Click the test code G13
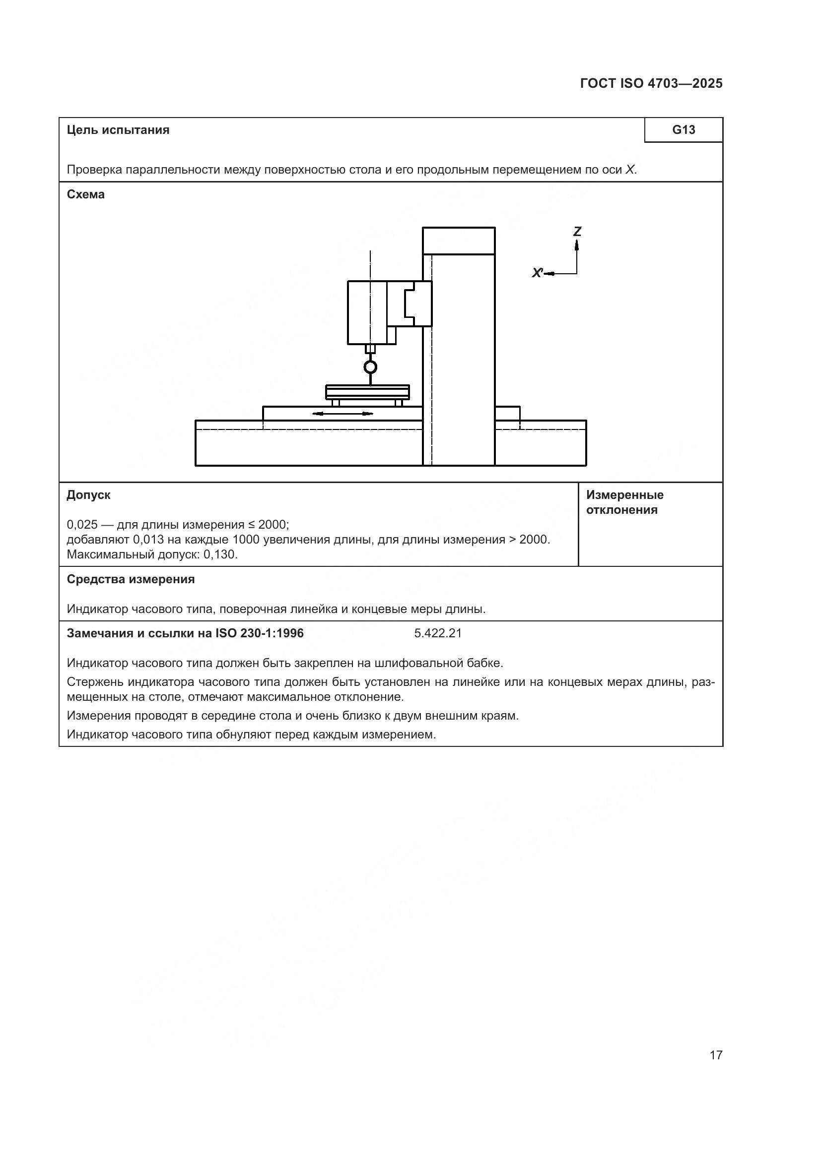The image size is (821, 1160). click(x=684, y=130)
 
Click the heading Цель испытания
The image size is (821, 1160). click(x=118, y=130)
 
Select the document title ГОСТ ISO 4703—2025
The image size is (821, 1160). click(x=651, y=83)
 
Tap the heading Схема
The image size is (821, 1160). click(x=85, y=194)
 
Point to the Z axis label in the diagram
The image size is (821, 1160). click(x=577, y=232)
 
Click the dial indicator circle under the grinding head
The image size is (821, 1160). click(x=371, y=367)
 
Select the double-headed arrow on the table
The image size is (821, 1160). click(x=343, y=414)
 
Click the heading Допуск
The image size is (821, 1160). click(x=88, y=495)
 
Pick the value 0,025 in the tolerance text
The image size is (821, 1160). click(x=82, y=524)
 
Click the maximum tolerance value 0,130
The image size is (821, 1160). click(x=220, y=554)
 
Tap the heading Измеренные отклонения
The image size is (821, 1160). click(x=625, y=502)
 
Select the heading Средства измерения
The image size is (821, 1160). click(x=131, y=579)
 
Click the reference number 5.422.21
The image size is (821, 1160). click(x=438, y=633)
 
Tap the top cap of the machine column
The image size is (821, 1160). click(x=459, y=241)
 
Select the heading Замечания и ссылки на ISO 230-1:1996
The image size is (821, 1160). click(x=185, y=633)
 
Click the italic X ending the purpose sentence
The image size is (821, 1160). click(x=630, y=170)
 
